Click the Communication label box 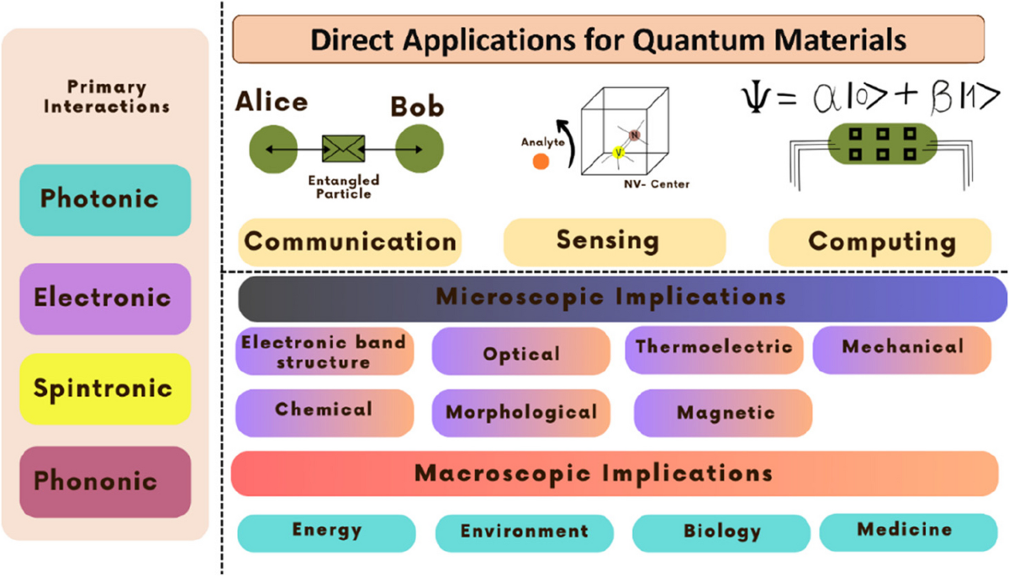[350, 242]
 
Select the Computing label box [880, 242]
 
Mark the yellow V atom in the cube [618, 152]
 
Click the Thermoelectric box [713, 349]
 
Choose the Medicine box [907, 530]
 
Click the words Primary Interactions [107, 97]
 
